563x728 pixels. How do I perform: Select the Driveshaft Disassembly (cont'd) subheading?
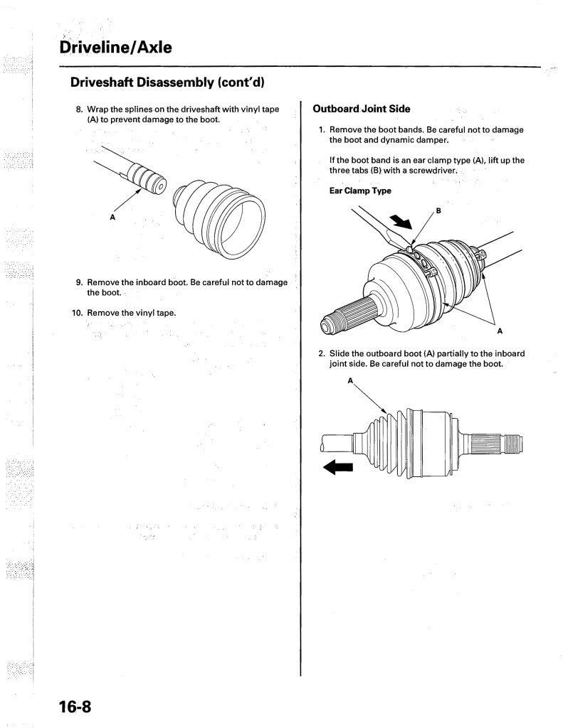(x=167, y=82)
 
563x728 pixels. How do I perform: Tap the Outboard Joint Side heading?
(x=362, y=109)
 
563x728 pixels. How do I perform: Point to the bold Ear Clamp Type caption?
(x=360, y=191)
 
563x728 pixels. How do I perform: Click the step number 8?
(x=79, y=109)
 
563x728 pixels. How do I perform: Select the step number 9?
(x=79, y=282)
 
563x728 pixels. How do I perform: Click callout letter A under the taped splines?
(x=112, y=217)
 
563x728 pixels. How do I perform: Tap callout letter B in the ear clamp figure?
(x=438, y=210)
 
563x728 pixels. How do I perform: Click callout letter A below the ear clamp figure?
(x=500, y=330)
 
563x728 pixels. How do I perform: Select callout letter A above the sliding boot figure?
(x=350, y=381)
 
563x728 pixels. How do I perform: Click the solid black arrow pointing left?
(x=338, y=466)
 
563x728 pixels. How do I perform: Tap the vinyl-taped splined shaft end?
(x=147, y=178)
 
